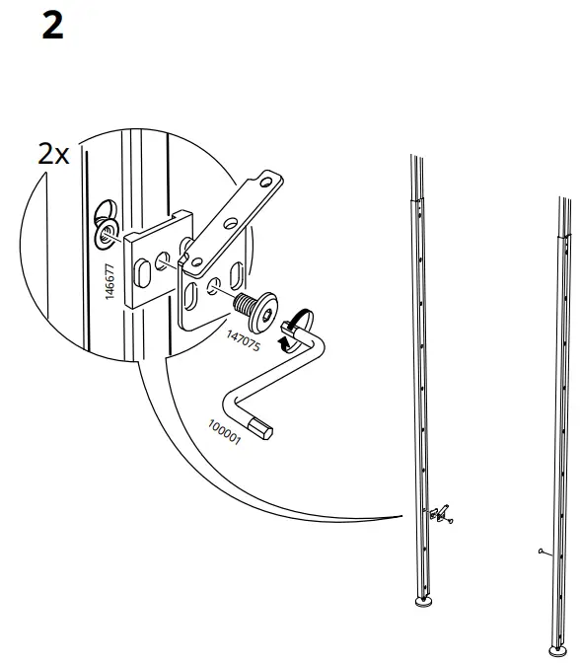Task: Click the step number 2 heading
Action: click(x=52, y=27)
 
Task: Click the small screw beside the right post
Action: click(x=544, y=552)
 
